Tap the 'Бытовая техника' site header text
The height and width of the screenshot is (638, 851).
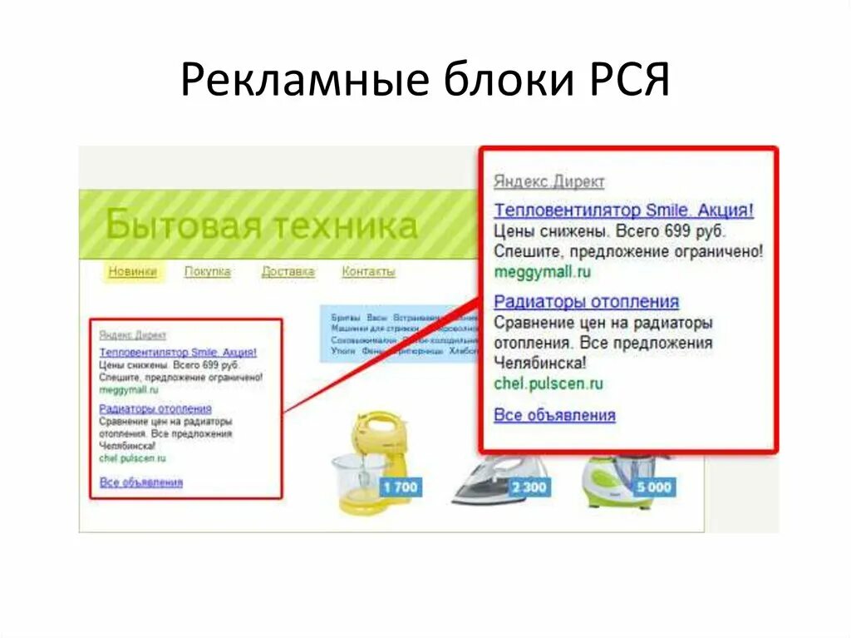click(x=261, y=225)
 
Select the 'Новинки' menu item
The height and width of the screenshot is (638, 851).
click(x=132, y=272)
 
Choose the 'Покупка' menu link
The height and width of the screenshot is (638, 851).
click(x=207, y=272)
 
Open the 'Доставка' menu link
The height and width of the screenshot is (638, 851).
click(x=288, y=272)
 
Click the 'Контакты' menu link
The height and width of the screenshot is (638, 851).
click(x=368, y=272)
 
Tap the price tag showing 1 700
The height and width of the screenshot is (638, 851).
click(x=400, y=487)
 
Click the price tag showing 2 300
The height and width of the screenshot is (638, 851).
click(x=529, y=487)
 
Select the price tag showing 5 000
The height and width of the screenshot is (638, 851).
click(x=653, y=487)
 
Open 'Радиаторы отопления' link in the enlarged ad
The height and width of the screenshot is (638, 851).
click(x=586, y=302)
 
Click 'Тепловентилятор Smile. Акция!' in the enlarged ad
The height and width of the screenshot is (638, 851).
click(x=623, y=210)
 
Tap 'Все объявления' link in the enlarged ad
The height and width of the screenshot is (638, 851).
click(x=554, y=415)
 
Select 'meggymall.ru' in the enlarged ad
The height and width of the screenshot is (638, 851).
click(x=542, y=272)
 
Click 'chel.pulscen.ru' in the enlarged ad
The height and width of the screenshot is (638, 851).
click(x=548, y=384)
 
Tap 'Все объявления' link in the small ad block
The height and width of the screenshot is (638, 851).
click(x=140, y=482)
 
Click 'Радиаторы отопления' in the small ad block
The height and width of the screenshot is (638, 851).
click(x=155, y=409)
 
